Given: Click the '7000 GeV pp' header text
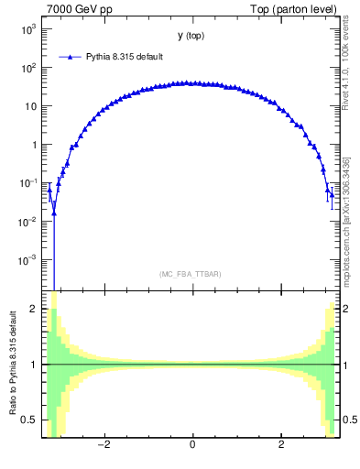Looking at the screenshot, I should click(73, 9).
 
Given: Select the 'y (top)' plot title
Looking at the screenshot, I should click(191, 36).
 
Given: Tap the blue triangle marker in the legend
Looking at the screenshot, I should click(68, 57).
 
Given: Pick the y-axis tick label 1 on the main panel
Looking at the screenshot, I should click(34, 145).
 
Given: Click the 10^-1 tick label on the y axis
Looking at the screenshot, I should click(28, 183).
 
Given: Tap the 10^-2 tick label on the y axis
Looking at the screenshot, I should click(28, 222).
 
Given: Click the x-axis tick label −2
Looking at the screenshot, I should click(104, 445).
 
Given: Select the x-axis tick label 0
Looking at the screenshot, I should click(191, 445).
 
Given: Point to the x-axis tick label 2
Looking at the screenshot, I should click(280, 445).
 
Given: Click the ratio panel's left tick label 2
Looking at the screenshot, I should click(35, 309).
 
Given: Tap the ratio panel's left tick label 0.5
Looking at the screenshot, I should click(31, 420).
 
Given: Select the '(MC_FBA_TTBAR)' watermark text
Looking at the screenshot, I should click(191, 274).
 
